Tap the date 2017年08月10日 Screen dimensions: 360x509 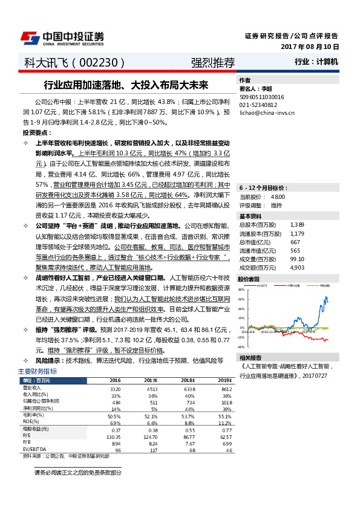tap(310, 47)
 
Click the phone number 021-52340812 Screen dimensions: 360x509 tap(259, 104)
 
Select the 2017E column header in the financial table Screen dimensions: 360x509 tap(151, 380)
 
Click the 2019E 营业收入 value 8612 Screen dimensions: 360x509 tap(225, 389)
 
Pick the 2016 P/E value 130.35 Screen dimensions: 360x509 tap(113, 436)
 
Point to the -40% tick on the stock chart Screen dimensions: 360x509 tap(241, 348)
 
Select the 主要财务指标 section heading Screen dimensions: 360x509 tap(38, 371)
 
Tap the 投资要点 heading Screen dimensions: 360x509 tap(37, 132)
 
